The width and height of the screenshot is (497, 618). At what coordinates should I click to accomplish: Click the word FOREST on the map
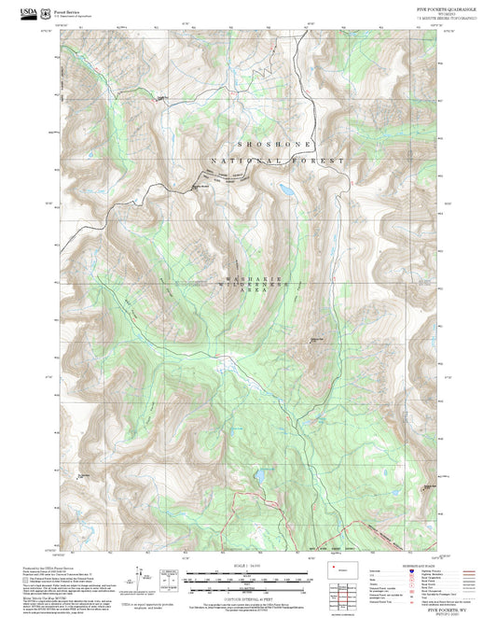click(x=323, y=161)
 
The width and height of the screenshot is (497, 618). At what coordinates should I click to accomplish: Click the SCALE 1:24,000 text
click(x=246, y=567)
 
